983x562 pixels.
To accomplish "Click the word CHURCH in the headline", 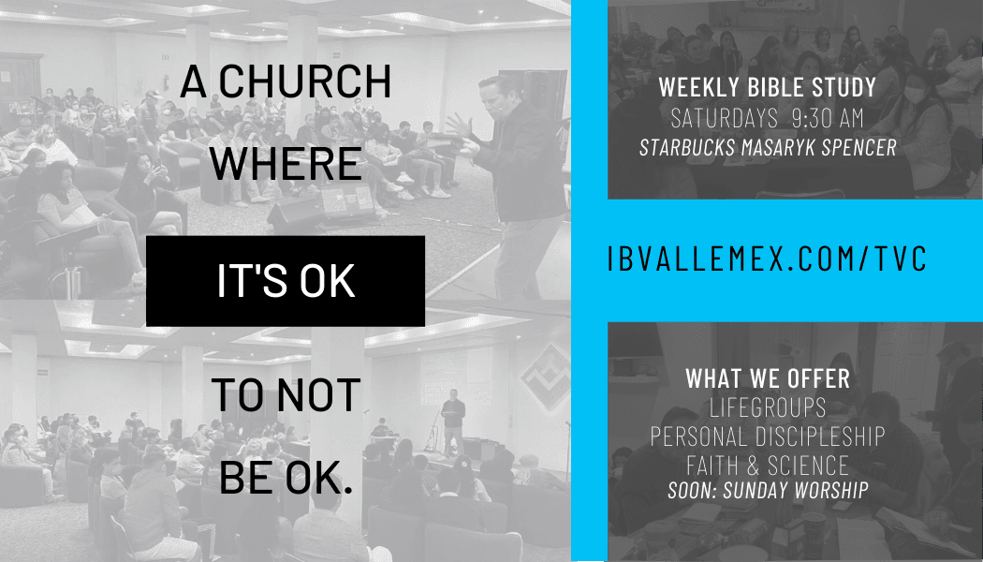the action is click(304, 81).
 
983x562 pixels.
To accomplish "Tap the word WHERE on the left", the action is click(286, 164).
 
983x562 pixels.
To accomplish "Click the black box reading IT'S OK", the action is click(286, 281).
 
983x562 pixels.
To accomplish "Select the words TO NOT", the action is click(286, 394).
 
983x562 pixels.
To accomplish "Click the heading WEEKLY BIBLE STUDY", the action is click(767, 87).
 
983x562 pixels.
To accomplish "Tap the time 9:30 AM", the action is click(828, 118).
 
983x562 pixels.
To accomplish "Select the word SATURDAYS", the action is click(724, 118).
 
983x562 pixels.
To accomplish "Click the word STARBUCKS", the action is click(687, 147).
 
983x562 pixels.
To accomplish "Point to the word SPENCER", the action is click(858, 147).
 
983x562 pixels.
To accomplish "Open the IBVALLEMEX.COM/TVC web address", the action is click(767, 259).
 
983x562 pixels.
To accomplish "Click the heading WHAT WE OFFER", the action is click(768, 378).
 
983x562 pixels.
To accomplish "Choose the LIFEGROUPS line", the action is click(768, 407).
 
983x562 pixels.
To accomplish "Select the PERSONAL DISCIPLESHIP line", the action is click(768, 436).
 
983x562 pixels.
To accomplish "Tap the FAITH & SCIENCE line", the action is click(768, 466).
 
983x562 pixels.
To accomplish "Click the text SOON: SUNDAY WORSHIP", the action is click(768, 490).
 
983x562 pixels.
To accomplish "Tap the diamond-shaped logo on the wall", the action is click(546, 377).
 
